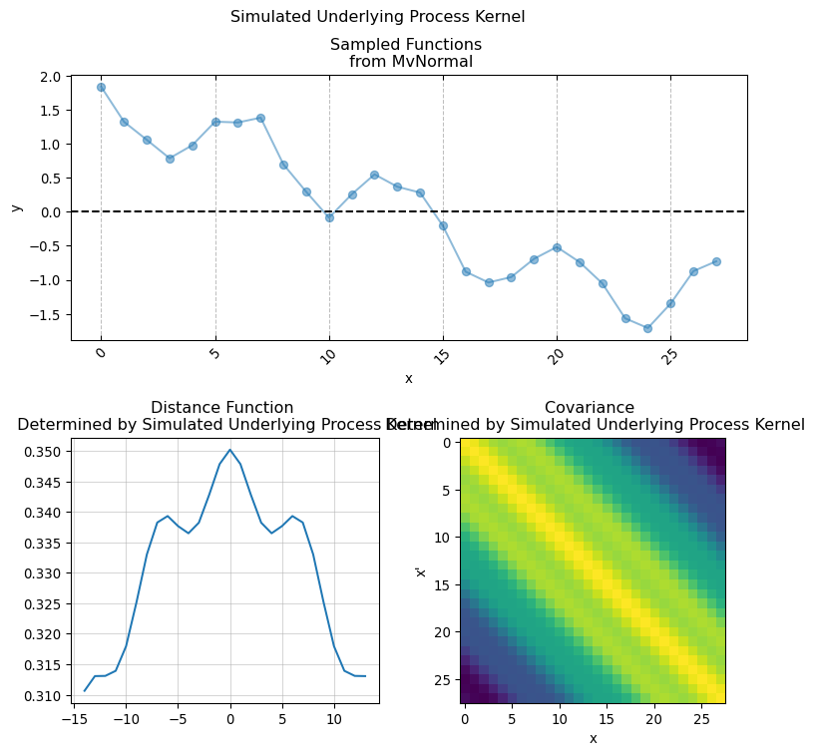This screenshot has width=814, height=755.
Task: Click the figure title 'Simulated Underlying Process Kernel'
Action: click(377, 17)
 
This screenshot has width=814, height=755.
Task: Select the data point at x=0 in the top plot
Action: click(101, 87)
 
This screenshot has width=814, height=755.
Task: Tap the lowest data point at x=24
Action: click(647, 328)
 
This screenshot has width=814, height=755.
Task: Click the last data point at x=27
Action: click(716, 261)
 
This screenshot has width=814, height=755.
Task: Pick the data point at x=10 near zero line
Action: click(329, 216)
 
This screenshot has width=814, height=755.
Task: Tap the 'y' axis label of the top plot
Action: click(17, 207)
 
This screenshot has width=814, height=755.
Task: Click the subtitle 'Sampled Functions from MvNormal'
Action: click(406, 53)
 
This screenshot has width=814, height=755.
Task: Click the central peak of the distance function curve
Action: click(229, 450)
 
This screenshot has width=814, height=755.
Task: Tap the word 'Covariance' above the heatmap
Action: click(590, 407)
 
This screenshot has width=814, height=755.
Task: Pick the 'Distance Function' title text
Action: click(222, 407)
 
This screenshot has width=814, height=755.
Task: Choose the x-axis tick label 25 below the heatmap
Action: click(701, 718)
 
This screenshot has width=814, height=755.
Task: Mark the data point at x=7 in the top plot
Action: click(260, 118)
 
